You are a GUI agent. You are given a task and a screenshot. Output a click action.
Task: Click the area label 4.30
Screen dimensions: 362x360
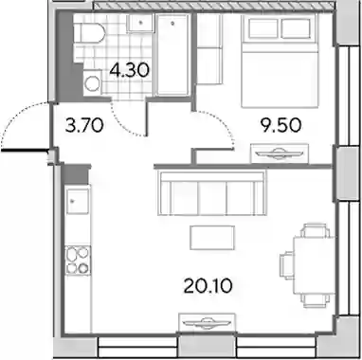129,70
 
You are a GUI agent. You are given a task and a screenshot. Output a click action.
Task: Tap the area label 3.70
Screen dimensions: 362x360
83,125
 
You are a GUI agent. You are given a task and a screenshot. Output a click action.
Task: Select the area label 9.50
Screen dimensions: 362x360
281,126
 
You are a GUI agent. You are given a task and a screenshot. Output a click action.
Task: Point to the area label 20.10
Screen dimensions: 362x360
208,286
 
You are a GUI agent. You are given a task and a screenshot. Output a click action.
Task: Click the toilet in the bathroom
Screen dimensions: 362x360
90,33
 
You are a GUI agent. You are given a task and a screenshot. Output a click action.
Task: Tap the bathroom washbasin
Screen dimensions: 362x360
140,23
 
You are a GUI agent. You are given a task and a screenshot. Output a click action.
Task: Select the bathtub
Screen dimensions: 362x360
172,54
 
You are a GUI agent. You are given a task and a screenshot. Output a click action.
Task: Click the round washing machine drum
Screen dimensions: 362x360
93,83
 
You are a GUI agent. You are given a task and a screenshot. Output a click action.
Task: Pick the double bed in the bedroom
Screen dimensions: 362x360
279,61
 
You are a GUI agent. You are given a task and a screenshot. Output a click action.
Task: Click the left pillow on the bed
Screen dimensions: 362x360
263,28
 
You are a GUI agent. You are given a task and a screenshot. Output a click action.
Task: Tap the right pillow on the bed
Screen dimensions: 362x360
296,28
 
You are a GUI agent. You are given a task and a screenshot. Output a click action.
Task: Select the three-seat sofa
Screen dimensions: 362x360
211,192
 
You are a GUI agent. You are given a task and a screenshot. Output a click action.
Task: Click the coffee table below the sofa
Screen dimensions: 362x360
212,238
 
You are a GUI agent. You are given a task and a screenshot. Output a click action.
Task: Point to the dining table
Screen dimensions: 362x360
314,265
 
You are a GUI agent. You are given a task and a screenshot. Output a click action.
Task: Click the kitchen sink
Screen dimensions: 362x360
78,202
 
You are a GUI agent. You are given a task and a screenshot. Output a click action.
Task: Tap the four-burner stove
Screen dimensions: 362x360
78,260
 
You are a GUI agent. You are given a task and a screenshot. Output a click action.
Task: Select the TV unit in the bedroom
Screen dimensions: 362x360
280,153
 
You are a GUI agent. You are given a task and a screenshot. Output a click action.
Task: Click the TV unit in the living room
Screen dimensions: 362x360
207,323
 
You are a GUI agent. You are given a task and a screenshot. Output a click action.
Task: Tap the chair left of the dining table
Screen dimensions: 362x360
287,265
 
